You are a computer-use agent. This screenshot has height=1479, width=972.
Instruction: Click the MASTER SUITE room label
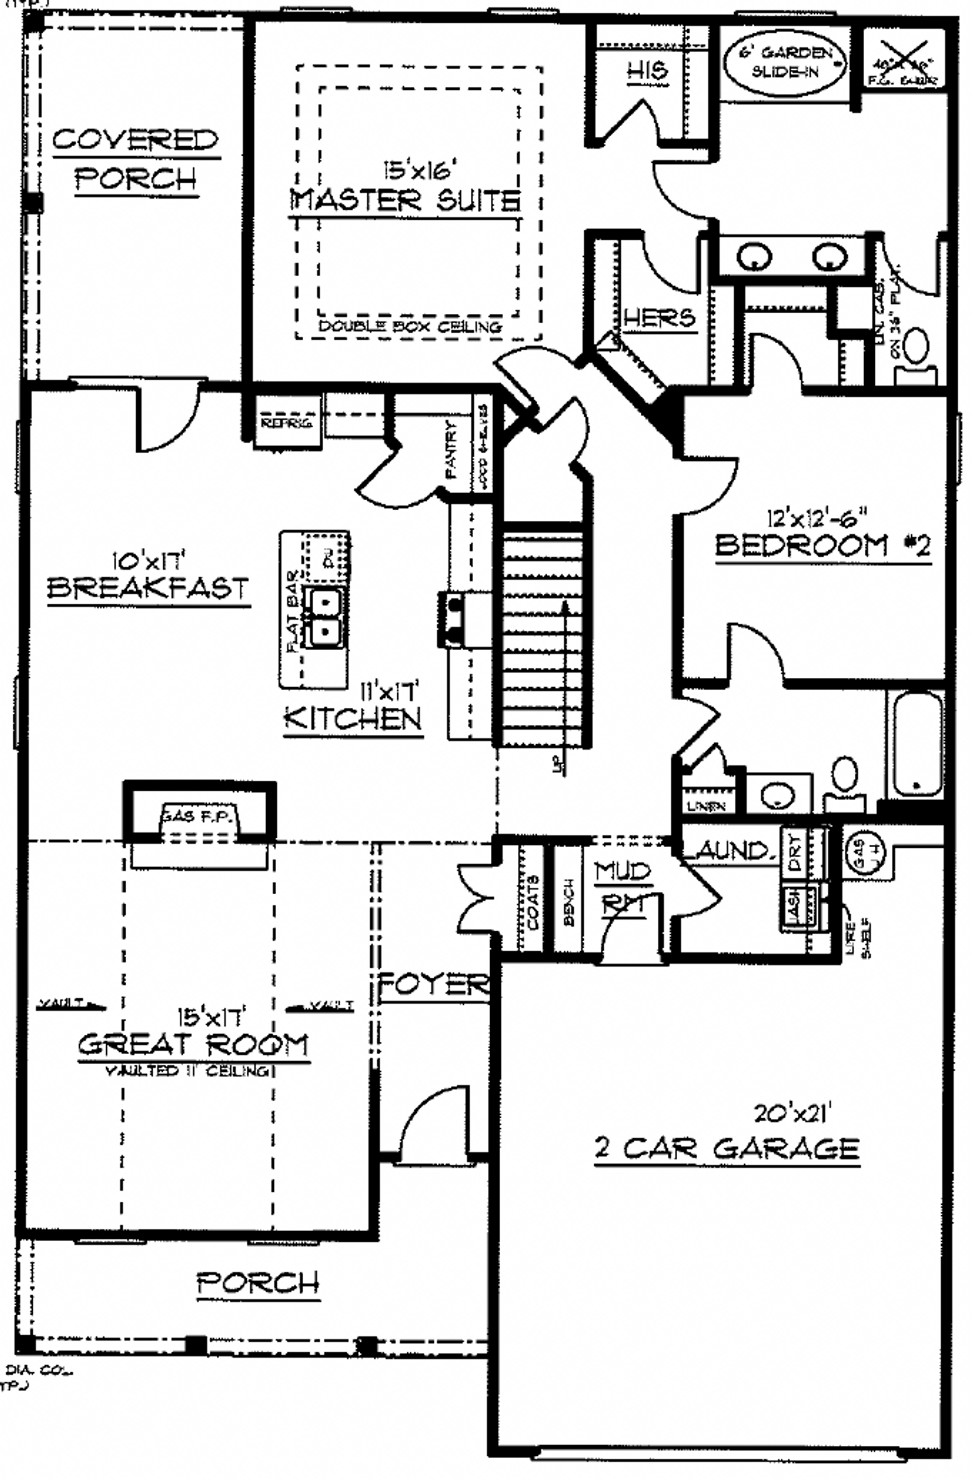tap(405, 200)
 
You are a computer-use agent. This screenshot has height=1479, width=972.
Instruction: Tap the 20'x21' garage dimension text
tap(793, 1113)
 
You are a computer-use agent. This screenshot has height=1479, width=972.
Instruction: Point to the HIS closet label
tap(647, 70)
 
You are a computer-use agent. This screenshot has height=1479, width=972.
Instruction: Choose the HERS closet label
tap(659, 318)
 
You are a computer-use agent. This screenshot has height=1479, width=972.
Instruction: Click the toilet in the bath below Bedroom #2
tap(844, 780)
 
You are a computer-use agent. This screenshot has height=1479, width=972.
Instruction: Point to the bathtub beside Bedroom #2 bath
tap(916, 743)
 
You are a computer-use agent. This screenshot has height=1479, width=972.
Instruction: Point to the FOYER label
tap(433, 984)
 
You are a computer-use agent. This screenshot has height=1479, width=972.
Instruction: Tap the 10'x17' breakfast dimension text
tap(149, 562)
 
